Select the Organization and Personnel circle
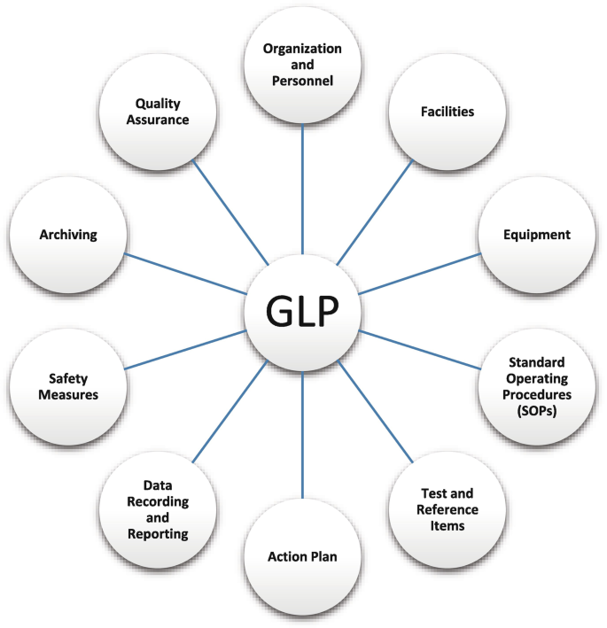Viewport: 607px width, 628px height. pos(302,66)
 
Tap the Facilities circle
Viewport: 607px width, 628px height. pos(447,112)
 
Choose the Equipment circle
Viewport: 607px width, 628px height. pos(537,235)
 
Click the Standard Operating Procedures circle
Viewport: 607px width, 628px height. pos(537,387)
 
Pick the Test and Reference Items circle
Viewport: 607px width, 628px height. pos(447,510)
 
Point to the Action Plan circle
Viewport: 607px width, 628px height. pos(302,557)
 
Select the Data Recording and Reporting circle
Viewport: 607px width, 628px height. pos(158,510)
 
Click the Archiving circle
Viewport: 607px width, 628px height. pos(67,235)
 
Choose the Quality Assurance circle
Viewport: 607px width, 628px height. pos(158,112)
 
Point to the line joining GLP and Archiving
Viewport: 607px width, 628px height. pos(186,274)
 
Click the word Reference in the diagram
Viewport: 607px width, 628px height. pos(448,510)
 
